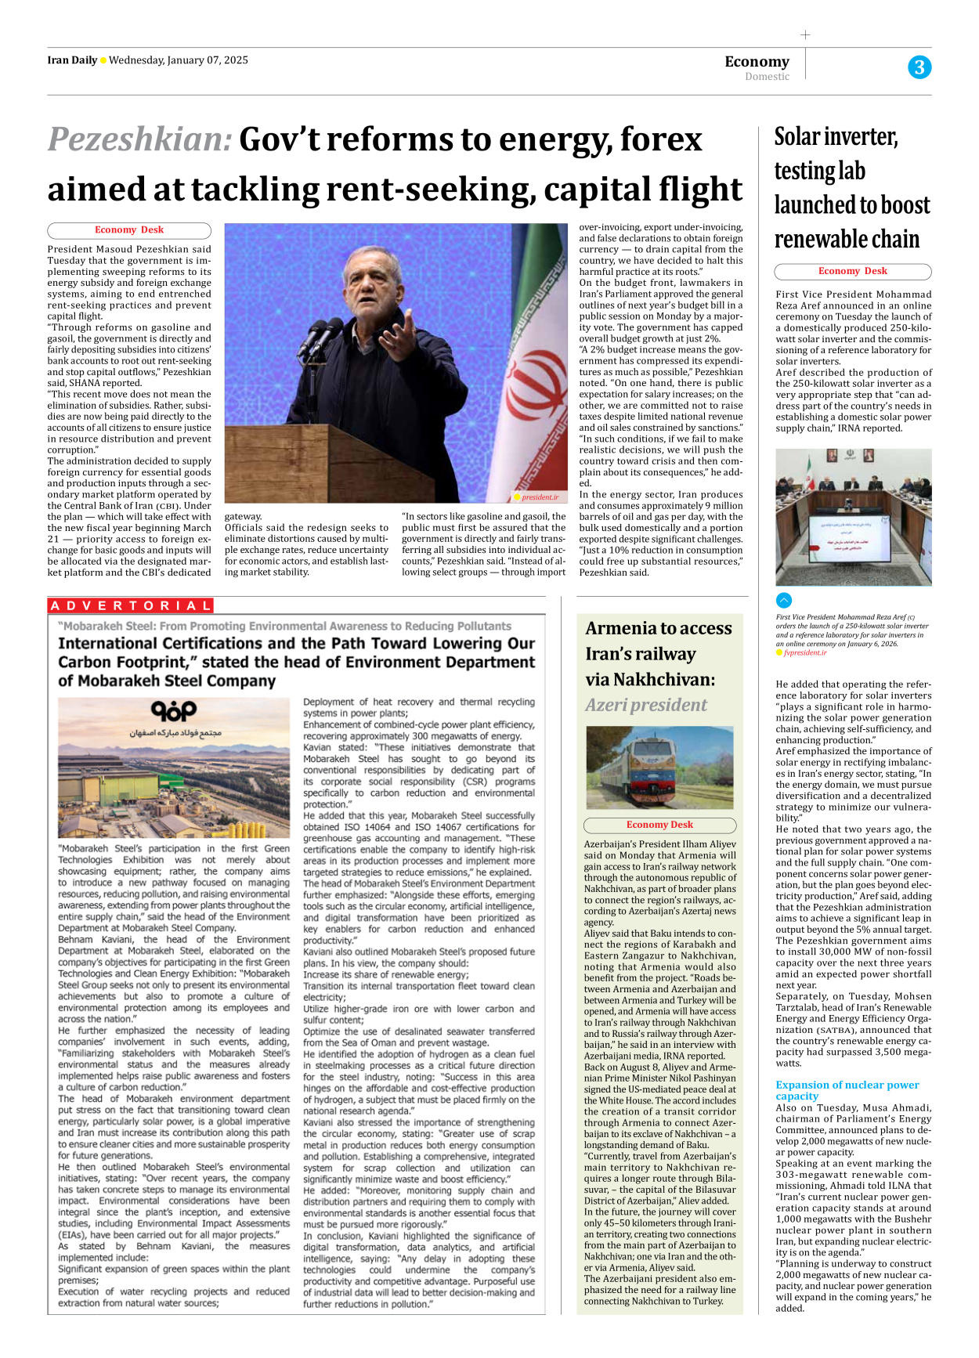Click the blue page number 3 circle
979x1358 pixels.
pyautogui.click(x=919, y=67)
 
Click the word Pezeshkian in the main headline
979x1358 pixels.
pyautogui.click(x=140, y=140)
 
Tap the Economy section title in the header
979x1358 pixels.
pyautogui.click(x=757, y=61)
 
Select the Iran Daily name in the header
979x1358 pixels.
pyautogui.click(x=72, y=60)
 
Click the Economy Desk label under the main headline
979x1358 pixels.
pyautogui.click(x=129, y=230)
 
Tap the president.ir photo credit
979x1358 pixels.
pyautogui.click(x=539, y=497)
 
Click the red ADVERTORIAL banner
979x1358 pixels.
pyautogui.click(x=131, y=605)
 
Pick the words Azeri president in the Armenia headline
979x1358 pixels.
pyautogui.click(x=646, y=705)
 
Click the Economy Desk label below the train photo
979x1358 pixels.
pyautogui.click(x=659, y=825)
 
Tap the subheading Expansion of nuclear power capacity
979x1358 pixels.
pyautogui.click(x=847, y=1090)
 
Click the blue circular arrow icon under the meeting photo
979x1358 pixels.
pyautogui.click(x=784, y=601)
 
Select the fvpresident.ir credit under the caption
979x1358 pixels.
pyautogui.click(x=804, y=652)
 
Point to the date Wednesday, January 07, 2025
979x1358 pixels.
pyautogui.click(x=178, y=60)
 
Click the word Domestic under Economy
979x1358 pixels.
pyautogui.click(x=767, y=77)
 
